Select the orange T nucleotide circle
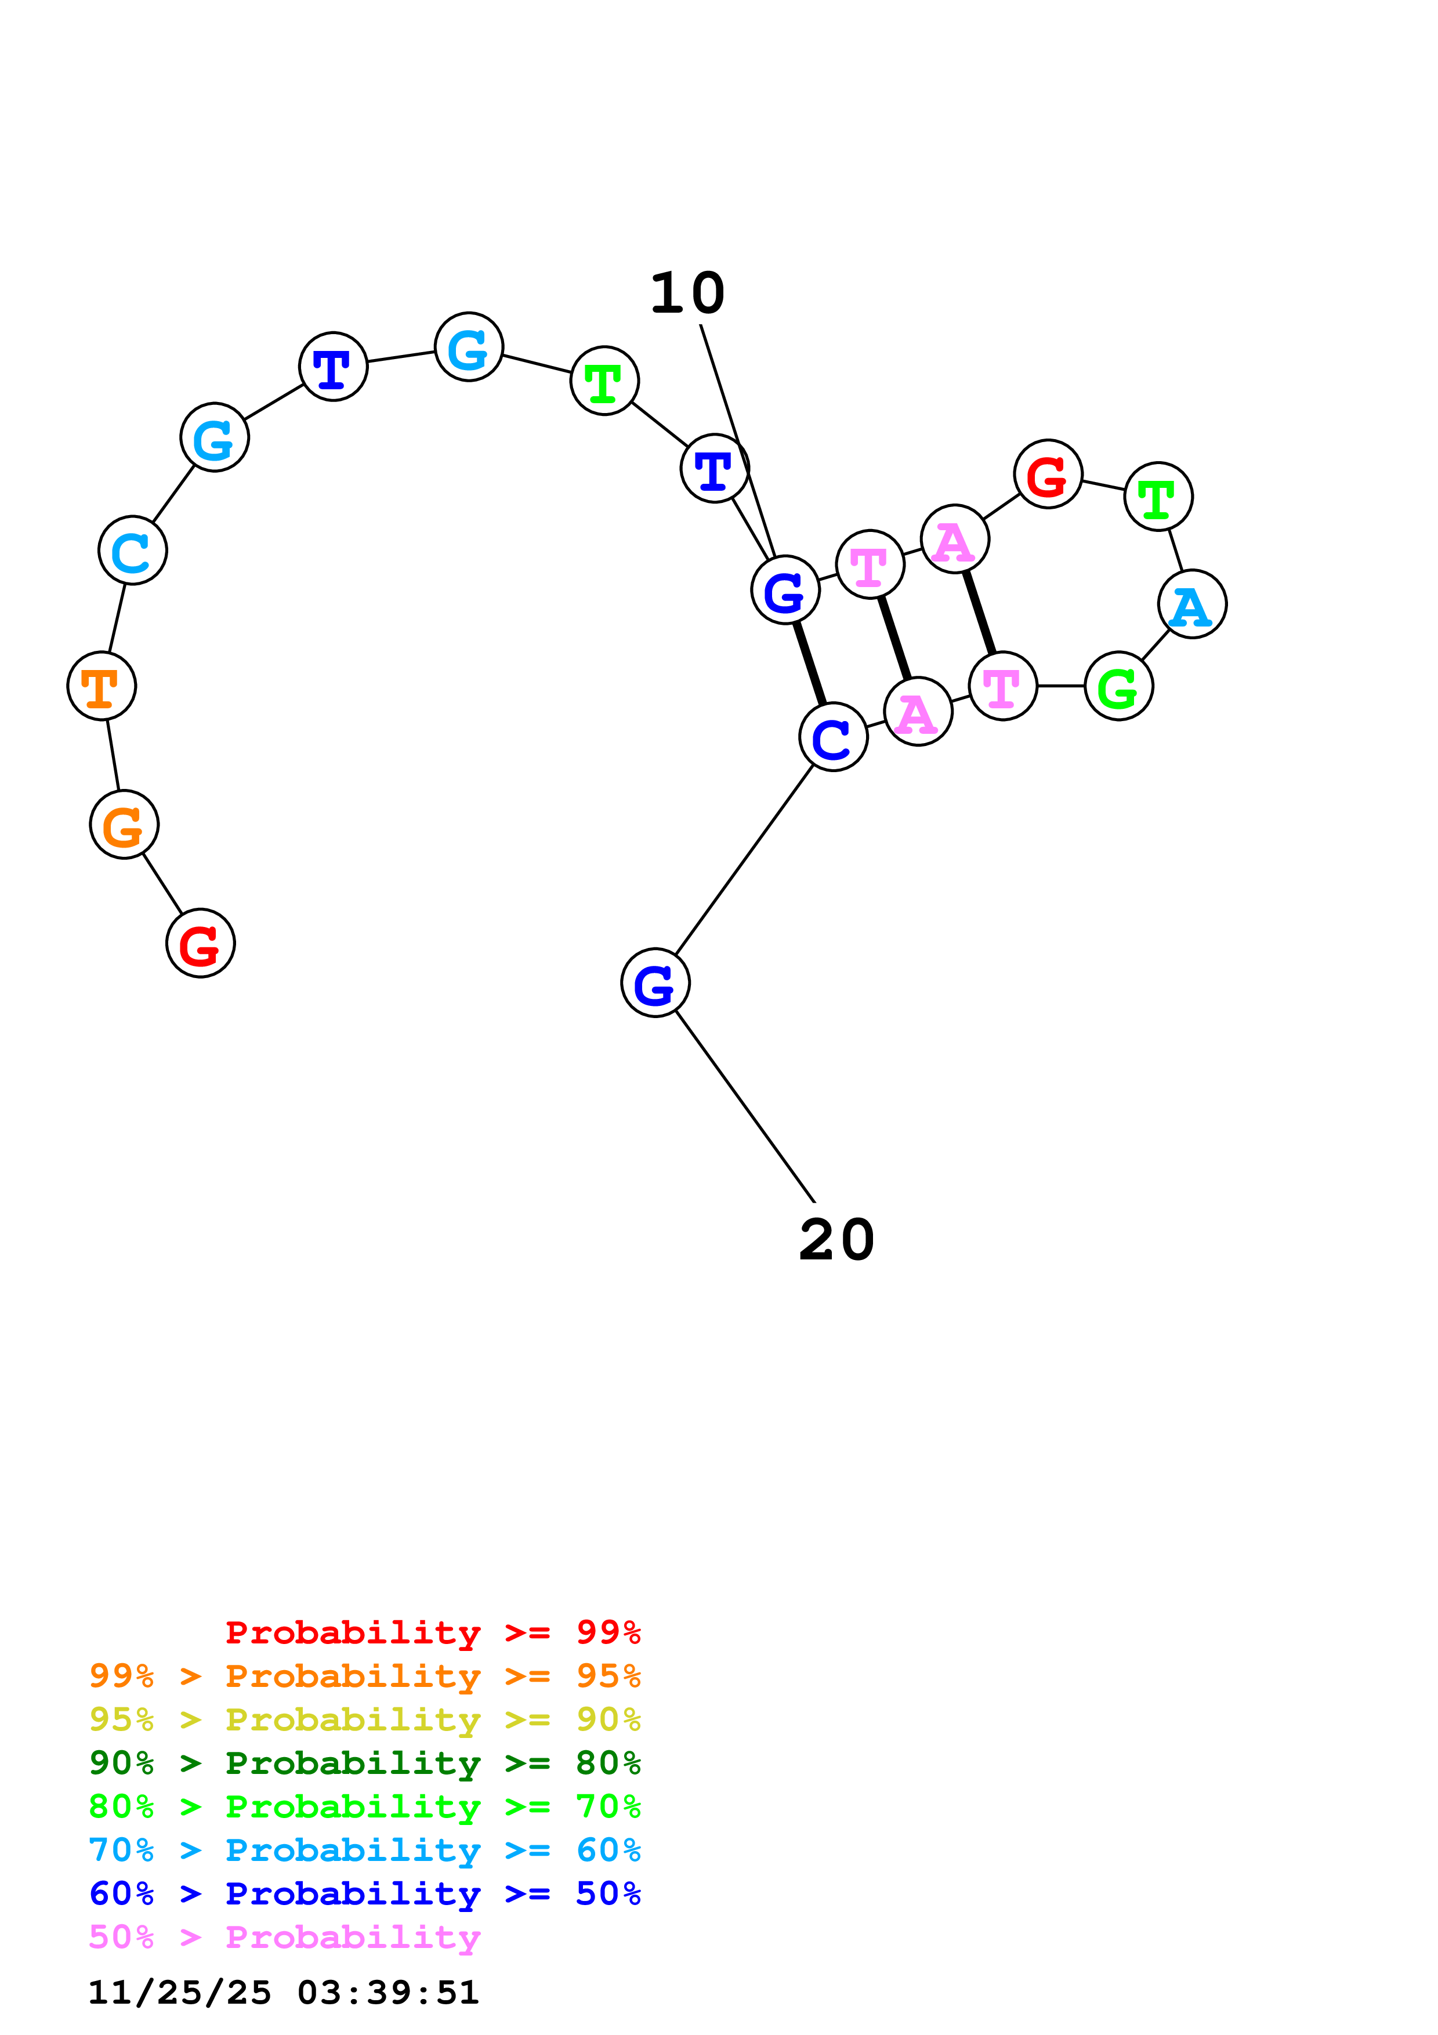(x=102, y=686)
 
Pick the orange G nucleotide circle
(x=124, y=824)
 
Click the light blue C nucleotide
(x=133, y=551)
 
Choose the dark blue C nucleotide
(x=833, y=737)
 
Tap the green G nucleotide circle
(x=1118, y=686)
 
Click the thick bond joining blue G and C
(x=810, y=664)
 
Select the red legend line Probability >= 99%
(x=433, y=1632)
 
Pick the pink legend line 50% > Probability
(x=284, y=1938)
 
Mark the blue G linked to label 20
(x=655, y=982)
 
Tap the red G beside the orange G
(x=200, y=943)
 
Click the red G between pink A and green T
(x=1048, y=474)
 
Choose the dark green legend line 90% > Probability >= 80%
(x=365, y=1763)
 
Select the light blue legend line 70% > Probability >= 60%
(x=365, y=1850)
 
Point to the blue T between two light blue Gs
(x=333, y=367)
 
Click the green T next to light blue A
(x=1158, y=497)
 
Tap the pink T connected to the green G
(x=1003, y=686)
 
